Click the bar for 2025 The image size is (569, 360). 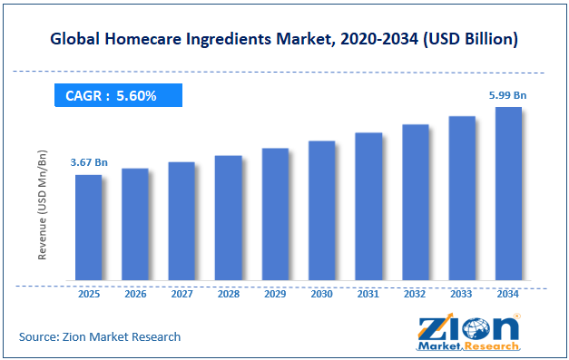point(89,228)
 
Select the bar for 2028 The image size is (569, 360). point(229,218)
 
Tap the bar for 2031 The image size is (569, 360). point(368,207)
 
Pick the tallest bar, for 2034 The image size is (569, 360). point(508,193)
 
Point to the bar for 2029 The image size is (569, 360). point(275,214)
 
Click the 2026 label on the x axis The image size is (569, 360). point(135,294)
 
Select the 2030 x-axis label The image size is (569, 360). point(321,294)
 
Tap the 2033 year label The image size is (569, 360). point(461,294)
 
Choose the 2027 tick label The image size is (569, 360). point(181,294)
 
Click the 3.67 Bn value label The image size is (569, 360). point(89,162)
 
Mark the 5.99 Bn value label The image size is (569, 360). point(507,95)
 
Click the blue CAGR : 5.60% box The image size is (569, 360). point(118,95)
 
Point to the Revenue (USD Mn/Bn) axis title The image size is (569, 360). point(42,205)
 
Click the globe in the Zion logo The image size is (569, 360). point(476,329)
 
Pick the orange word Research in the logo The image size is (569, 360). point(492,346)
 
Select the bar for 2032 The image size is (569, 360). point(415,202)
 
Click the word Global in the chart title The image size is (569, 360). point(74,39)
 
